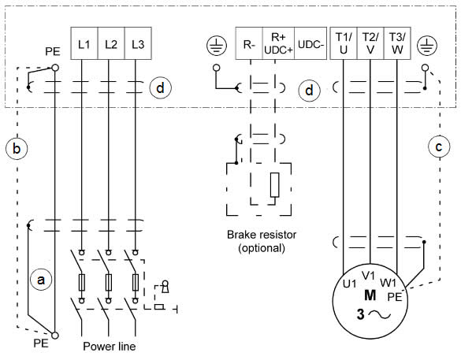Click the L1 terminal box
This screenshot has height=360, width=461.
pyautogui.click(x=84, y=43)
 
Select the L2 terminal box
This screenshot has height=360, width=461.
pyautogui.click(x=111, y=43)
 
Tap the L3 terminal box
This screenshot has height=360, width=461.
pyautogui.click(x=138, y=43)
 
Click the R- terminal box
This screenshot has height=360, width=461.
pyautogui.click(x=249, y=43)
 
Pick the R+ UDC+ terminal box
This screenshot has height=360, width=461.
pyautogui.click(x=278, y=43)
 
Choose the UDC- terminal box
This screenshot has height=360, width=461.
pyautogui.click(x=310, y=43)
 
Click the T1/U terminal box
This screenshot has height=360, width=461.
pyautogui.click(x=344, y=43)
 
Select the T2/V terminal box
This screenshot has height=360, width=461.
pyautogui.click(x=370, y=43)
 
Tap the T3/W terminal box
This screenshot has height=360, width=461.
pyautogui.click(x=397, y=43)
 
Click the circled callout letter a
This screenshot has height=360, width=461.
pyautogui.click(x=41, y=279)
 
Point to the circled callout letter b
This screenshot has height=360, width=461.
pyautogui.click(x=17, y=148)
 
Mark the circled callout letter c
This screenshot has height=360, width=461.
pyautogui.click(x=439, y=147)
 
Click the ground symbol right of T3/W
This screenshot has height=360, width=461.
pyautogui.click(x=427, y=46)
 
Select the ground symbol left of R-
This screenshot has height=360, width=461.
pyautogui.click(x=217, y=46)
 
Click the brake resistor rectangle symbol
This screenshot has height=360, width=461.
pyautogui.click(x=274, y=184)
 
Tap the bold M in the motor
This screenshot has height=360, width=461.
pyautogui.click(x=370, y=295)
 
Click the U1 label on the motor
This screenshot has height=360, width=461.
pyautogui.click(x=350, y=284)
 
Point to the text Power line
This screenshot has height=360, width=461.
pyautogui.click(x=110, y=346)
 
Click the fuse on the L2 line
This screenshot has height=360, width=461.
pyautogui.click(x=109, y=282)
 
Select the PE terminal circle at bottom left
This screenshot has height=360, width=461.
pyautogui.click(x=54, y=336)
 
